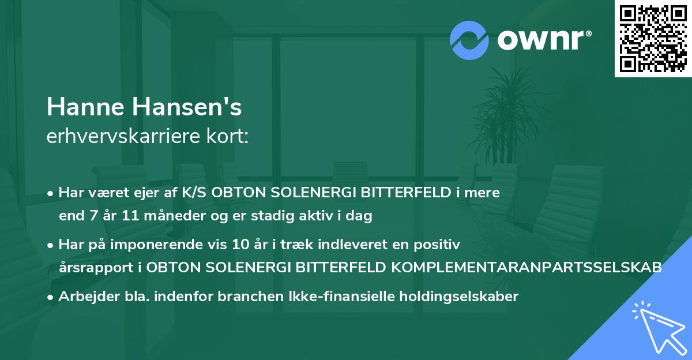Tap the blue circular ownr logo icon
tap(469, 40)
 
